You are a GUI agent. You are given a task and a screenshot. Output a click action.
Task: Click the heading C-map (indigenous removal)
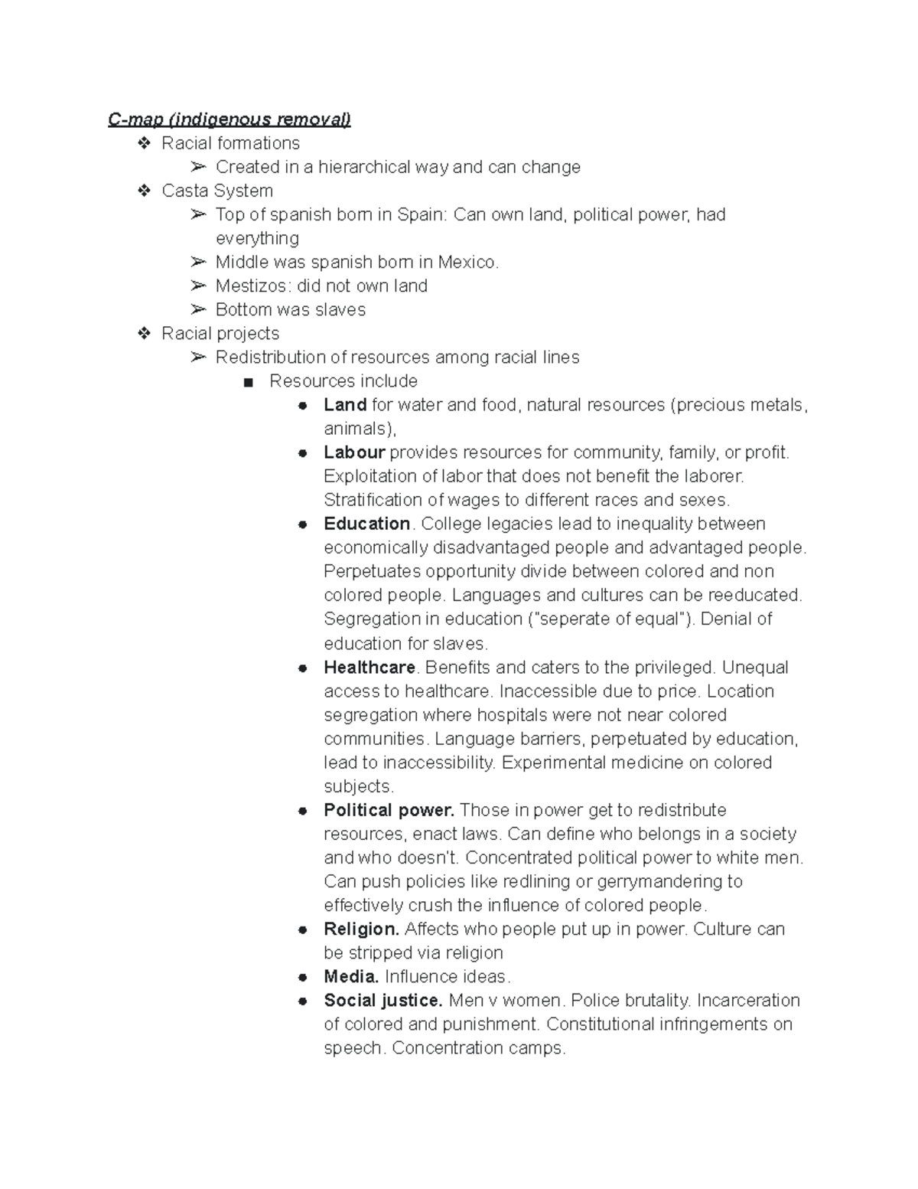point(229,119)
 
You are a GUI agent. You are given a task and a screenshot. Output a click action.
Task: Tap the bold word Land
point(345,405)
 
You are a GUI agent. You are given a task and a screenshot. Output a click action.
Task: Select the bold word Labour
point(354,452)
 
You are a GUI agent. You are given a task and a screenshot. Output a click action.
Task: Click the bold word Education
point(367,524)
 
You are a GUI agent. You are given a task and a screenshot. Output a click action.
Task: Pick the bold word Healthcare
point(369,667)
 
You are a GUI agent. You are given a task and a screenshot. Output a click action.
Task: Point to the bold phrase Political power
point(389,810)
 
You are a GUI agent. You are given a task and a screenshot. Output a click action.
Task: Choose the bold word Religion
point(361,929)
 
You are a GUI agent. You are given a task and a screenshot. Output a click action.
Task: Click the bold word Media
point(351,977)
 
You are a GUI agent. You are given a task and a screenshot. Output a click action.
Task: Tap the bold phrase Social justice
point(382,1001)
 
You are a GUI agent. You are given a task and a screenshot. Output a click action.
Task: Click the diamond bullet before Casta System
point(144,191)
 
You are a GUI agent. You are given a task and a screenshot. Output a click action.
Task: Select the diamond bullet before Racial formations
point(144,143)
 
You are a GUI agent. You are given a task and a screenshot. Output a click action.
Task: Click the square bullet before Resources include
point(247,382)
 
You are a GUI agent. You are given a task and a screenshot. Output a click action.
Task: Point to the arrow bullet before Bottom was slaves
point(198,309)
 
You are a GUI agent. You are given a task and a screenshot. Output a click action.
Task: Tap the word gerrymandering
point(659,881)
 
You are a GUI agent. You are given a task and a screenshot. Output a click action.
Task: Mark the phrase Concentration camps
point(478,1048)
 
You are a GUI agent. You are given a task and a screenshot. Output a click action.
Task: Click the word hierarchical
point(365,167)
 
